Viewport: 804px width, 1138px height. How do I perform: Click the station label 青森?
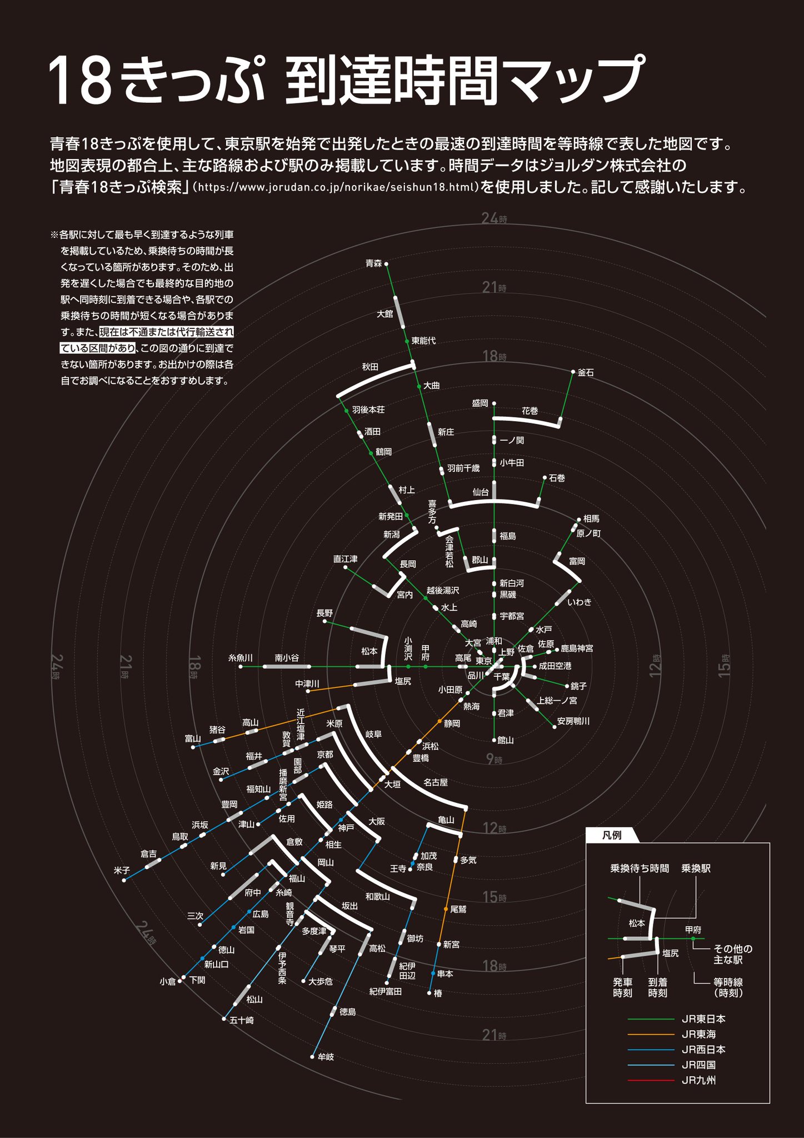tap(373, 263)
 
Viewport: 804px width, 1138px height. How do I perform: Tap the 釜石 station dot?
tap(573, 371)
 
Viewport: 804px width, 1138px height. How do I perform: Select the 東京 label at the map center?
tap(483, 661)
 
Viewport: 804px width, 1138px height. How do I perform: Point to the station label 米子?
tap(122, 870)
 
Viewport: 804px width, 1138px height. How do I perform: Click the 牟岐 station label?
tap(326, 1057)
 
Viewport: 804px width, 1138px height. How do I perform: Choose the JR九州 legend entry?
tap(698, 1080)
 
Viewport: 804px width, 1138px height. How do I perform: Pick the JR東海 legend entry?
tap(698, 1034)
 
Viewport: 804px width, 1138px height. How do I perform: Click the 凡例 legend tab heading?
tap(612, 835)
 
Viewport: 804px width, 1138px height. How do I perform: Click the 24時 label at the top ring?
tap(493, 218)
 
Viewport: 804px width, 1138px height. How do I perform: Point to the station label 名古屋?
tap(436, 782)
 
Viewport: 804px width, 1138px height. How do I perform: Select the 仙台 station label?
tap(481, 492)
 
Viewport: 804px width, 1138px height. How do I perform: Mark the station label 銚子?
tap(578, 686)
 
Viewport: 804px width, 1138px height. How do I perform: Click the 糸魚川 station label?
tap(241, 658)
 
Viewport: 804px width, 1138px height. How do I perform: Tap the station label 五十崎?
tap(242, 1020)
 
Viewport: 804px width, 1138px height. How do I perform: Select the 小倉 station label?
tap(167, 982)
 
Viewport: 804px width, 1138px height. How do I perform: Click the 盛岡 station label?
tap(480, 403)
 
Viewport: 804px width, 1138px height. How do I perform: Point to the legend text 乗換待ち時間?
tap(640, 869)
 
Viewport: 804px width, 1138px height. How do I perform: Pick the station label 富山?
tap(193, 738)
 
